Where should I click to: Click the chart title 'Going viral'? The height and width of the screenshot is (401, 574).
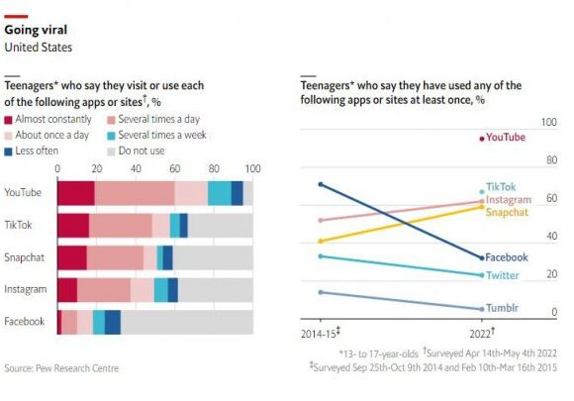[36, 30]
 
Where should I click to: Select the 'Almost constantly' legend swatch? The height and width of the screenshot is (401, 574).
[8, 120]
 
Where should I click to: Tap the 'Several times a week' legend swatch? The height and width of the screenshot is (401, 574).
[111, 136]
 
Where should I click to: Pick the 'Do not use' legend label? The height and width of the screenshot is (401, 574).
[142, 150]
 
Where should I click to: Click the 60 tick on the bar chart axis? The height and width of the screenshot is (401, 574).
[174, 169]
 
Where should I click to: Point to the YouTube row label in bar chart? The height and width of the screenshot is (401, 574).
[23, 193]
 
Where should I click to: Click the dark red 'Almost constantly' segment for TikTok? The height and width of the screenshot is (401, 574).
[73, 226]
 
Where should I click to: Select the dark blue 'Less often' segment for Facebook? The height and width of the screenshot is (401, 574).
[113, 322]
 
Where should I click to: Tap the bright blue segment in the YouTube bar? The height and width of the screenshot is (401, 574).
[220, 193]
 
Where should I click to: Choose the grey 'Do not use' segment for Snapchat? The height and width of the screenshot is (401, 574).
[213, 257]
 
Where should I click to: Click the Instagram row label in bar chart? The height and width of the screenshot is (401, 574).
[26, 289]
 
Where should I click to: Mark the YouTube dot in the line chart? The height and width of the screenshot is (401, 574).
[482, 139]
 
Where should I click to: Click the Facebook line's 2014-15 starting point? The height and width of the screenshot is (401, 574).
[321, 184]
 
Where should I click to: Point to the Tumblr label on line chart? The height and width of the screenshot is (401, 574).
[502, 308]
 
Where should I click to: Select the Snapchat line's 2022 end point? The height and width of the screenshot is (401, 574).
[482, 207]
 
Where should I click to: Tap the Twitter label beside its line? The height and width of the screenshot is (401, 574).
[503, 275]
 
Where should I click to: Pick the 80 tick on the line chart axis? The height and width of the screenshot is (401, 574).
[551, 160]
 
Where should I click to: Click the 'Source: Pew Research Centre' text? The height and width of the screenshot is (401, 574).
[61, 368]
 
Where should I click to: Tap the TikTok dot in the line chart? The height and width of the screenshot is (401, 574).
[482, 192]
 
